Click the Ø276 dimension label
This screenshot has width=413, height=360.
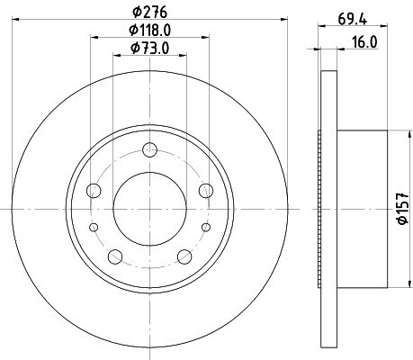(x=149, y=13)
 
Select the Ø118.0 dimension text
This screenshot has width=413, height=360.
(x=150, y=30)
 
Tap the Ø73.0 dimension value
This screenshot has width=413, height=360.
(x=150, y=48)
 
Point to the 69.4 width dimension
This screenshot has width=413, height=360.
(x=353, y=20)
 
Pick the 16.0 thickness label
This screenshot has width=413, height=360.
(x=364, y=42)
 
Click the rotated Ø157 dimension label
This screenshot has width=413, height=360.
(x=403, y=208)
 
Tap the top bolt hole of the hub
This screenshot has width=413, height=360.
(x=150, y=149)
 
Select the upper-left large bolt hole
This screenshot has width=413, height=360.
(x=94, y=191)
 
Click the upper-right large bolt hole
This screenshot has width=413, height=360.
(x=206, y=191)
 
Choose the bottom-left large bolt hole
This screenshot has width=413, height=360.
(x=115, y=256)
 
